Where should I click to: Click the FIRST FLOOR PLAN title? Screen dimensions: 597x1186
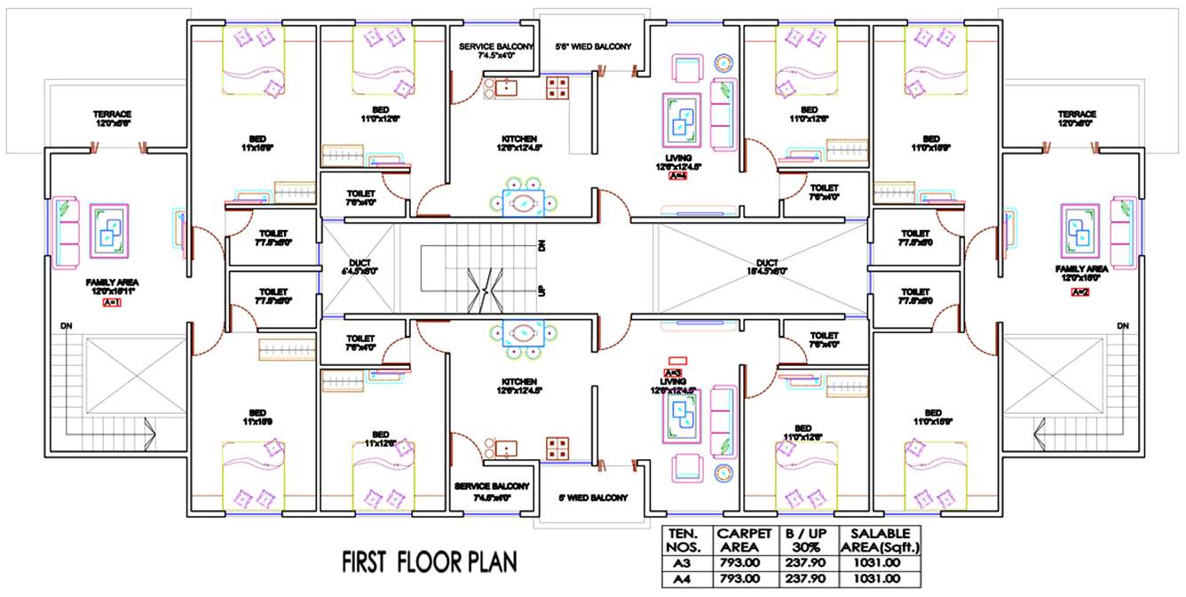(x=430, y=562)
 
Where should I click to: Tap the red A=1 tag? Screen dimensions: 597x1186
(x=112, y=302)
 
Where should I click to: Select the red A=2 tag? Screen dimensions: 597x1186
(x=1079, y=292)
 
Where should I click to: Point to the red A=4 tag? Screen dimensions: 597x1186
(x=677, y=176)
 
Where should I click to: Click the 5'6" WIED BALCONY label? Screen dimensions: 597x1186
(x=592, y=46)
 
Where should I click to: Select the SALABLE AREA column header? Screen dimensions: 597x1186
(x=884, y=539)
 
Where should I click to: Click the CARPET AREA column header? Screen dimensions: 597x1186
(x=744, y=539)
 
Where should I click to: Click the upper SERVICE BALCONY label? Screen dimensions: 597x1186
(x=496, y=51)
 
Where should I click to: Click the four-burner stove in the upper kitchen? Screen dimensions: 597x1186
(x=557, y=87)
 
